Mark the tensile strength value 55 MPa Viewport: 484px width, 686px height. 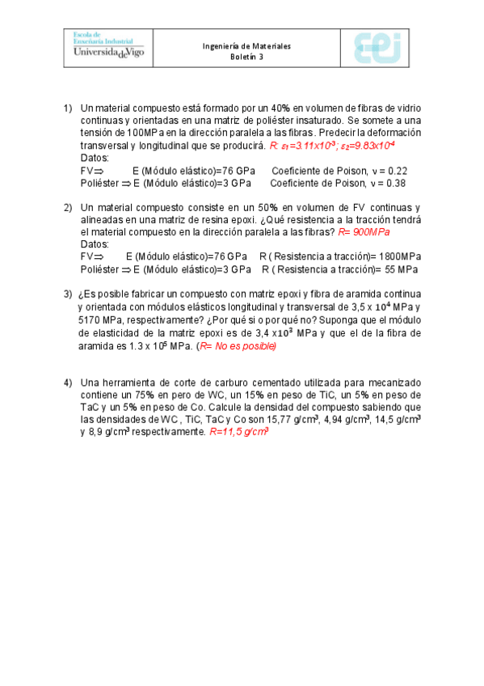click(x=401, y=269)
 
